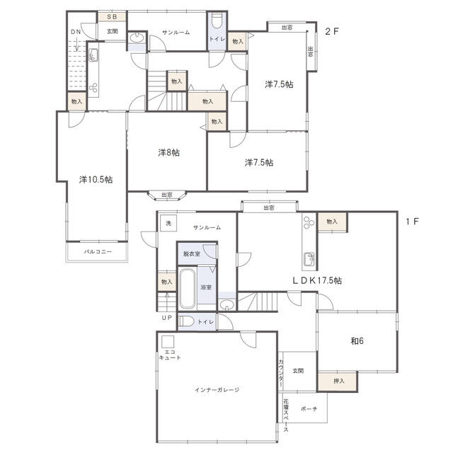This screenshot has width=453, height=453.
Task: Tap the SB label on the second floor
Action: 112,16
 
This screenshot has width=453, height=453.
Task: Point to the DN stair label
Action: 75,32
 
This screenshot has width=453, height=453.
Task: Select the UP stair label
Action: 166,318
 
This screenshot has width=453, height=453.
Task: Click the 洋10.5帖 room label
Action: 95,180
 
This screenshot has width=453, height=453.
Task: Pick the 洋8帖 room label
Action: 168,152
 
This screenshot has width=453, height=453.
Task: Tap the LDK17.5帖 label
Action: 317,280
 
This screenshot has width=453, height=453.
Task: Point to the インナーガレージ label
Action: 217,390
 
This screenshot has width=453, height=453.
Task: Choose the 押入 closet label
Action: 340,381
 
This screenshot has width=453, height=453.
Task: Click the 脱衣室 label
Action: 191,253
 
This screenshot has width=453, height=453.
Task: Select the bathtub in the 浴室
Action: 187,288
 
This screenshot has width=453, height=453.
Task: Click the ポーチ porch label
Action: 309,409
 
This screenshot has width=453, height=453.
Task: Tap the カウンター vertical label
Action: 281,372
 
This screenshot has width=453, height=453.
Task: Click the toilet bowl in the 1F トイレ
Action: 186,322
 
